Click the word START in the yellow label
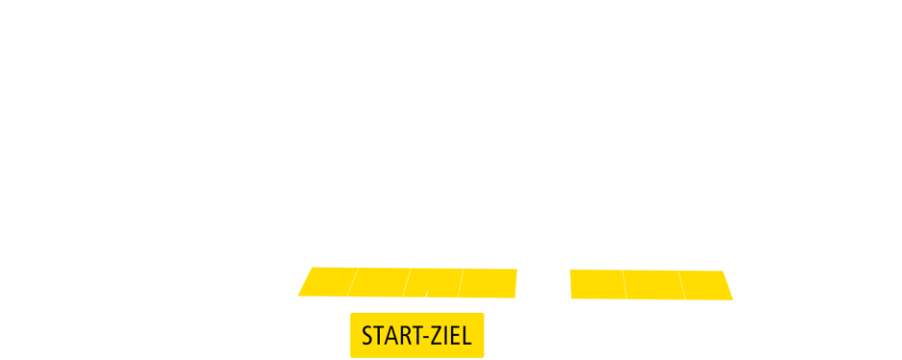point(387,337)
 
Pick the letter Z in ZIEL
point(435,337)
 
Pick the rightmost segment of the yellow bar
point(709,283)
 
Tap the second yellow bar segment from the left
point(380,283)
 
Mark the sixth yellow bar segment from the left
point(598,283)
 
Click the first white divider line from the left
point(352,283)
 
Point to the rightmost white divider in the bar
point(682,283)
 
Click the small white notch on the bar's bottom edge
point(423,299)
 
